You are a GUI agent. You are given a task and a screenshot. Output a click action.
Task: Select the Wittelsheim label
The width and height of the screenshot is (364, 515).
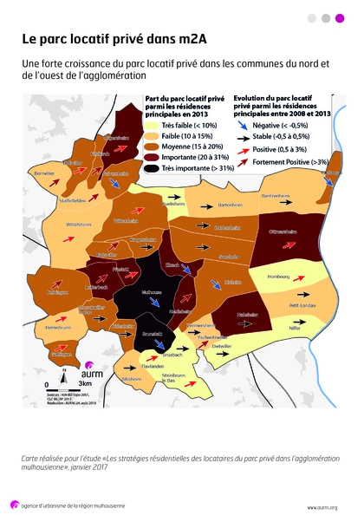[67, 224]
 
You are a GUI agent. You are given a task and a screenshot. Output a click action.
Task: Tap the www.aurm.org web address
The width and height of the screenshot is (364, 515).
[322, 506]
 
